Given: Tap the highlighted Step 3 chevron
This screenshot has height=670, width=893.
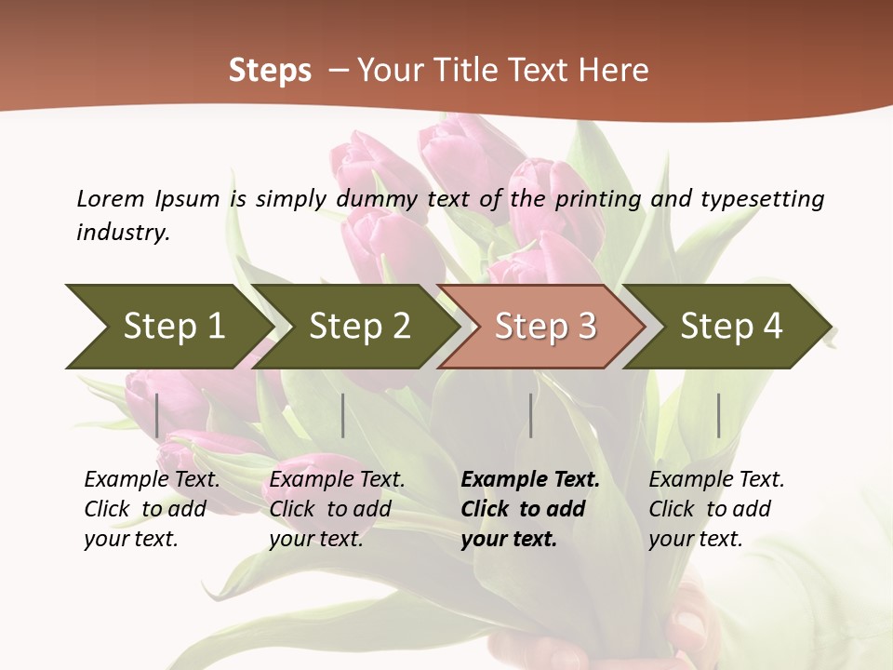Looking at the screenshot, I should [545, 327].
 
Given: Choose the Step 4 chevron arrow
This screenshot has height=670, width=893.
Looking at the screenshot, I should [731, 327].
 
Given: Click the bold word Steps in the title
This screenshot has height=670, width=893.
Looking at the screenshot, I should [270, 71].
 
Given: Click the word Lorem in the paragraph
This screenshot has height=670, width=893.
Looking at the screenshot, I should [110, 199].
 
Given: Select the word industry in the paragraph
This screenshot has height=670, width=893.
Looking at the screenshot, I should [122, 233].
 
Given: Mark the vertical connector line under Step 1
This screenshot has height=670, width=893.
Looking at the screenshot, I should [157, 415].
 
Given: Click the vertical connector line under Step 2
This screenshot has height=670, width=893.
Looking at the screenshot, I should [343, 415].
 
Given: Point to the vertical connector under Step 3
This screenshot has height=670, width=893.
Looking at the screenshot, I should [530, 415].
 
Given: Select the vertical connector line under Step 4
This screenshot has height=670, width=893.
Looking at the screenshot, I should [718, 415].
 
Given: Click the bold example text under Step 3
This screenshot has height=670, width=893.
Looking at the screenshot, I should [529, 509].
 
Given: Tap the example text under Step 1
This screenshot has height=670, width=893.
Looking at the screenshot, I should [151, 509].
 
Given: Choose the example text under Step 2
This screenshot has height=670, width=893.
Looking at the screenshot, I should [336, 509].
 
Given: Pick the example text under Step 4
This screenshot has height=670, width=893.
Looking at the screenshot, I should [715, 509].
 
